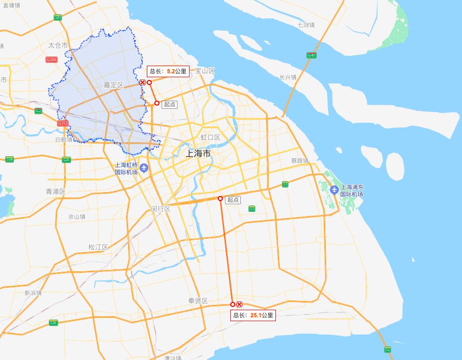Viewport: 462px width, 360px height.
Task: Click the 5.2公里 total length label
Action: tap(168, 71)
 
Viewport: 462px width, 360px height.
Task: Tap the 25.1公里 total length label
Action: tap(253, 315)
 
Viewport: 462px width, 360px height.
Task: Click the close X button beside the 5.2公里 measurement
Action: tap(142, 82)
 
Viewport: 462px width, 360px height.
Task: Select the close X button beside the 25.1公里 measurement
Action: tap(239, 304)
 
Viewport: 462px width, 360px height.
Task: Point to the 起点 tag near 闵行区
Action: tap(233, 200)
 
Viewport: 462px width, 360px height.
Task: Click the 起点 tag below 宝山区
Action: tap(170, 104)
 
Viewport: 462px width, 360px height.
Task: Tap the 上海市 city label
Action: tap(198, 154)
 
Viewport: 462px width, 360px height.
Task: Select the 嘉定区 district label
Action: tap(114, 85)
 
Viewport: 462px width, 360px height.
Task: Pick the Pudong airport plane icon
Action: tap(334, 189)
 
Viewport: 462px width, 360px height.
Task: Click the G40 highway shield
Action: tap(311, 56)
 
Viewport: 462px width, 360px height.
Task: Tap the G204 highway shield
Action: tap(51, 59)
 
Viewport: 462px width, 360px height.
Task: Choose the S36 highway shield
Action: tap(53, 323)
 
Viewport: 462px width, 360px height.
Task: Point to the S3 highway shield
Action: tap(252, 209)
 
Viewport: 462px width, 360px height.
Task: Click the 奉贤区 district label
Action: tap(198, 301)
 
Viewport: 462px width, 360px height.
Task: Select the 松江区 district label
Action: tap(98, 247)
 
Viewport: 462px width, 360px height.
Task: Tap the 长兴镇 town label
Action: tap(288, 77)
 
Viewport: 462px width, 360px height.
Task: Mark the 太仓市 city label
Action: tap(58, 46)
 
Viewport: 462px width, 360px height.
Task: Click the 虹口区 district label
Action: tap(210, 138)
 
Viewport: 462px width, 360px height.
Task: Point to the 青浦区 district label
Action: tap(55, 191)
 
